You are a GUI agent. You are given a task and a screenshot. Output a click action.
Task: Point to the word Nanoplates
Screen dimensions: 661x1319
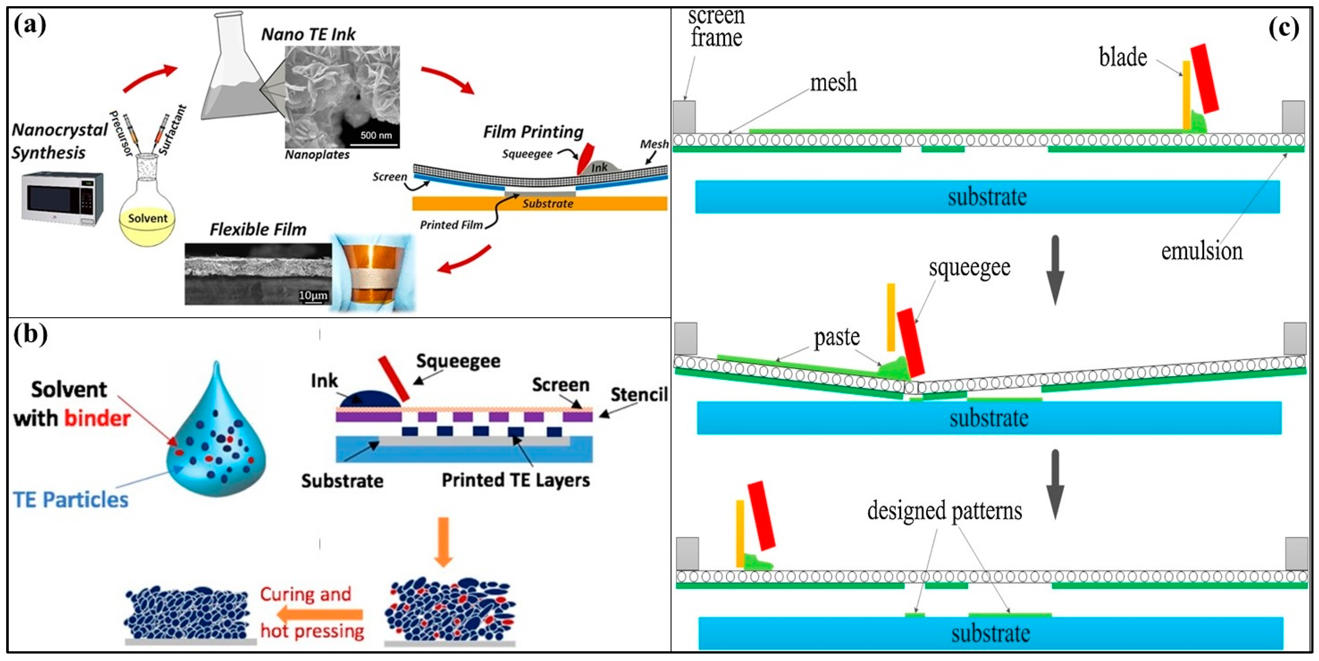tap(317, 155)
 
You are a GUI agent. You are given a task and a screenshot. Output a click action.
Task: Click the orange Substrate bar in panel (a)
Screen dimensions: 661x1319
tap(540, 203)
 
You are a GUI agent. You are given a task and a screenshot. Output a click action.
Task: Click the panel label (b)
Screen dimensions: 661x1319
tap(30, 335)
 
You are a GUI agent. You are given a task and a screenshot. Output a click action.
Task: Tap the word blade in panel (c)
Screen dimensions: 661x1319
tap(1123, 57)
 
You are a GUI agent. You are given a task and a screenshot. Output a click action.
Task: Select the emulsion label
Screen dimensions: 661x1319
tap(1201, 251)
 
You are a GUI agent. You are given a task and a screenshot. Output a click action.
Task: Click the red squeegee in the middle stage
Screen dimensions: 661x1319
tap(911, 343)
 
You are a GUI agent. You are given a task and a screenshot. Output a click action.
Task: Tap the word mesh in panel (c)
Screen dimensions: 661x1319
tap(833, 82)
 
